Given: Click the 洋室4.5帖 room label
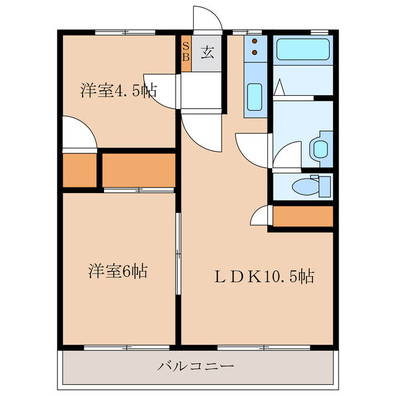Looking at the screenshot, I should click(x=118, y=91).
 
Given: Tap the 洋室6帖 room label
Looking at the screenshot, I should click(x=118, y=271).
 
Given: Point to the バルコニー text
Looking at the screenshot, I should click(x=196, y=366).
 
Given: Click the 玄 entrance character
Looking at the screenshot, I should click(x=207, y=52).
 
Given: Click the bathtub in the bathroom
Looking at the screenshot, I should click(x=303, y=49).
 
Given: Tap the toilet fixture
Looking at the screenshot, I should click(x=304, y=185).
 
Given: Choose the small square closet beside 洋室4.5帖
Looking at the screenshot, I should click(x=80, y=170).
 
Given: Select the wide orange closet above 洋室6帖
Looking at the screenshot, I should click(x=139, y=170).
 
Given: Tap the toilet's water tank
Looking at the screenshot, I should click(x=324, y=185).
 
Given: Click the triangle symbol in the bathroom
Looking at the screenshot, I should click(x=279, y=88).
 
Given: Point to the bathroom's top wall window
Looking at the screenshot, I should click(x=319, y=31).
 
